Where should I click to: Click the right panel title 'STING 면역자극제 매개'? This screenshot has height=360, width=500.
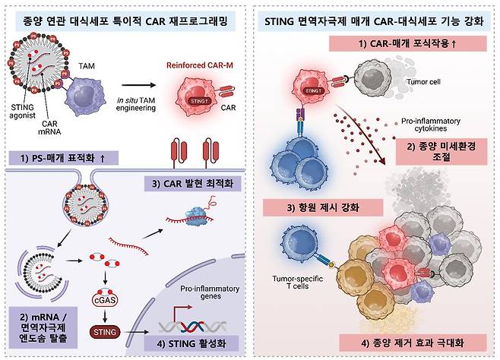point(376,17)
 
